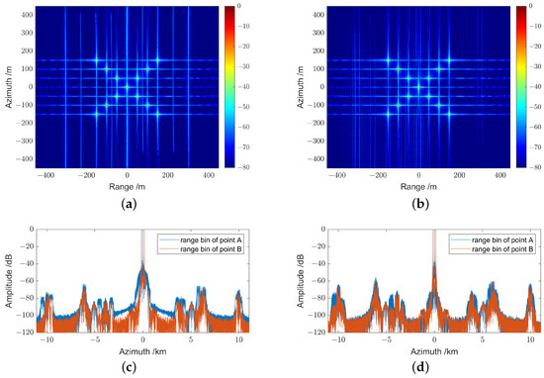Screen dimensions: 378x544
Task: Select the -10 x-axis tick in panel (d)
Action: click(341, 339)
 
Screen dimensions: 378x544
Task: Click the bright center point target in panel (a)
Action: click(127, 86)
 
